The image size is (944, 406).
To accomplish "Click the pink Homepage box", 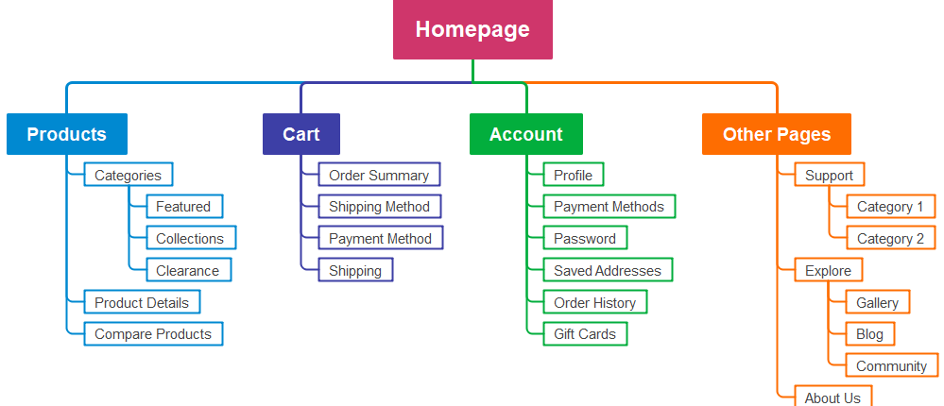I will pyautogui.click(x=472, y=29).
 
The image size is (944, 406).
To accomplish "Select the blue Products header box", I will pyautogui.click(x=66, y=134).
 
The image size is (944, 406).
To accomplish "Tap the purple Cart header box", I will pyautogui.click(x=300, y=134).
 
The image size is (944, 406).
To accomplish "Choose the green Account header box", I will pyautogui.click(x=525, y=134).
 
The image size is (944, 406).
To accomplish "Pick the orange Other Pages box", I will pyautogui.click(x=776, y=134).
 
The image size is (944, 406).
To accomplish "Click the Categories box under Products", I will pyautogui.click(x=128, y=175).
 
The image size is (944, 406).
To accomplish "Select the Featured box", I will pyautogui.click(x=183, y=207).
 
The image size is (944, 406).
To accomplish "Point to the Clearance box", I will pyautogui.click(x=187, y=270).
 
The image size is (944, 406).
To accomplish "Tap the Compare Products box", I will pyautogui.click(x=153, y=334).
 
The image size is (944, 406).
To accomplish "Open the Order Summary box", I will pyautogui.click(x=378, y=175).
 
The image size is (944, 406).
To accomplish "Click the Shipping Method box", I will pyautogui.click(x=379, y=207).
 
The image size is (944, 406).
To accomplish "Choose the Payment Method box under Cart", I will pyautogui.click(x=380, y=239).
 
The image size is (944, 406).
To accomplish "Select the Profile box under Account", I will pyautogui.click(x=573, y=175).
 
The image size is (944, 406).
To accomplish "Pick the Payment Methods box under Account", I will pyautogui.click(x=609, y=207).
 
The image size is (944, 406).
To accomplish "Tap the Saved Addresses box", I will pyautogui.click(x=608, y=270).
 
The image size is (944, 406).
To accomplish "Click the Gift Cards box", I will pyautogui.click(x=584, y=334).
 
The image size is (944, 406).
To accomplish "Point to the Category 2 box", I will pyautogui.click(x=890, y=239).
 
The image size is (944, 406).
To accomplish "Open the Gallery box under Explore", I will pyautogui.click(x=877, y=302).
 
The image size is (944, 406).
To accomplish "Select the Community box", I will pyautogui.click(x=891, y=366).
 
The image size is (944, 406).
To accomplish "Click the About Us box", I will pyautogui.click(x=832, y=398).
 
